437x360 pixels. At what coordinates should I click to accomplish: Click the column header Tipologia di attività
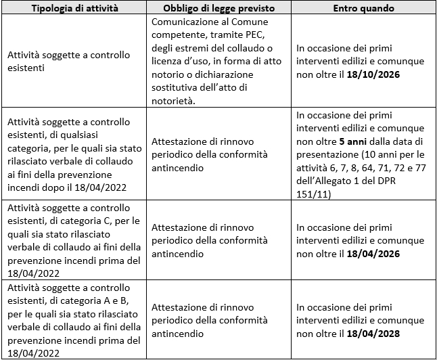click(73, 8)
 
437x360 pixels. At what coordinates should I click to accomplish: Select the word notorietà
click(172, 100)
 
